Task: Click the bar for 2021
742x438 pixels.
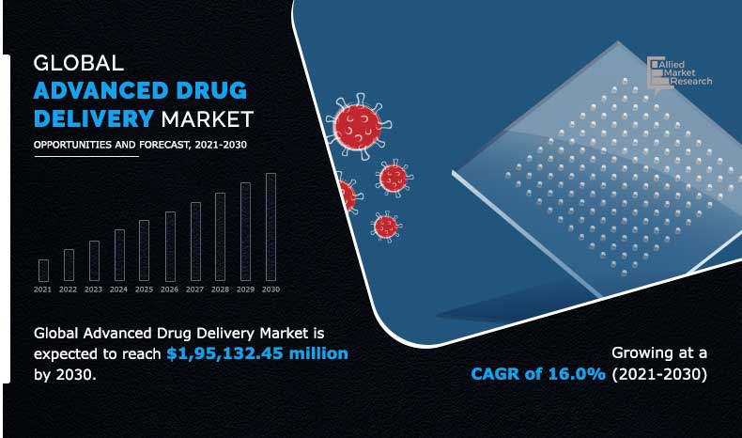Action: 43,270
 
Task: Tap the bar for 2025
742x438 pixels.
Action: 144,250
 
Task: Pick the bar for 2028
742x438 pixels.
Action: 220,237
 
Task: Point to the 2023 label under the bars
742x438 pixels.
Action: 93,289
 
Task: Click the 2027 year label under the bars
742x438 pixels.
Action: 194,289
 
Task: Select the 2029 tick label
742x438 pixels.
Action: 245,289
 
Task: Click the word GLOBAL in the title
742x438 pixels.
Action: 79,64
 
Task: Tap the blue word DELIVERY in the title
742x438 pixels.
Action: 93,118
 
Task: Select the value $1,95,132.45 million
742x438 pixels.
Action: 256,353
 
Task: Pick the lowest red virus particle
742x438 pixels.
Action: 386,226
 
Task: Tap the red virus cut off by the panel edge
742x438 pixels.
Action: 346,196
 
